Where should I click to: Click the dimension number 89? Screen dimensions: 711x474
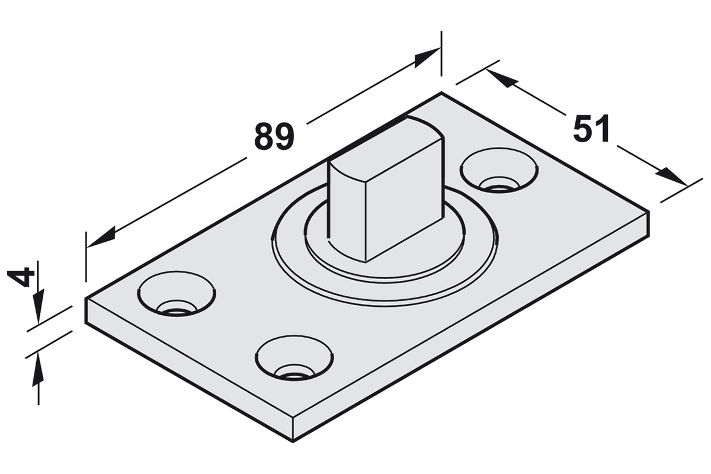coord(274,137)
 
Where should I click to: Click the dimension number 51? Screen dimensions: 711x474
coord(591,128)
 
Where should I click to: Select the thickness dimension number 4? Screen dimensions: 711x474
coord(21,277)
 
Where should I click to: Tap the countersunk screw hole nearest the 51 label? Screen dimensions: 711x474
coord(499,170)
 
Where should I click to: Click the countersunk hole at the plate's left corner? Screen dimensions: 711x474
coord(177,294)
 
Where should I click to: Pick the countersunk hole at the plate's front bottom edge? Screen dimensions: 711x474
coord(294,358)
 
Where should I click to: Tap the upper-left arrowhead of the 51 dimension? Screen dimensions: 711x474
coord(500,78)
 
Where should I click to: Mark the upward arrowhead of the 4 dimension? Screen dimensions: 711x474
coord(39,369)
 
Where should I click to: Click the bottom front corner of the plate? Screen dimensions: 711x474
coord(293,441)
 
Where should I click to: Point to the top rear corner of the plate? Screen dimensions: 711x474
coord(441,92)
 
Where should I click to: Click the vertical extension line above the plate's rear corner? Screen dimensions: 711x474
coord(441,54)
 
